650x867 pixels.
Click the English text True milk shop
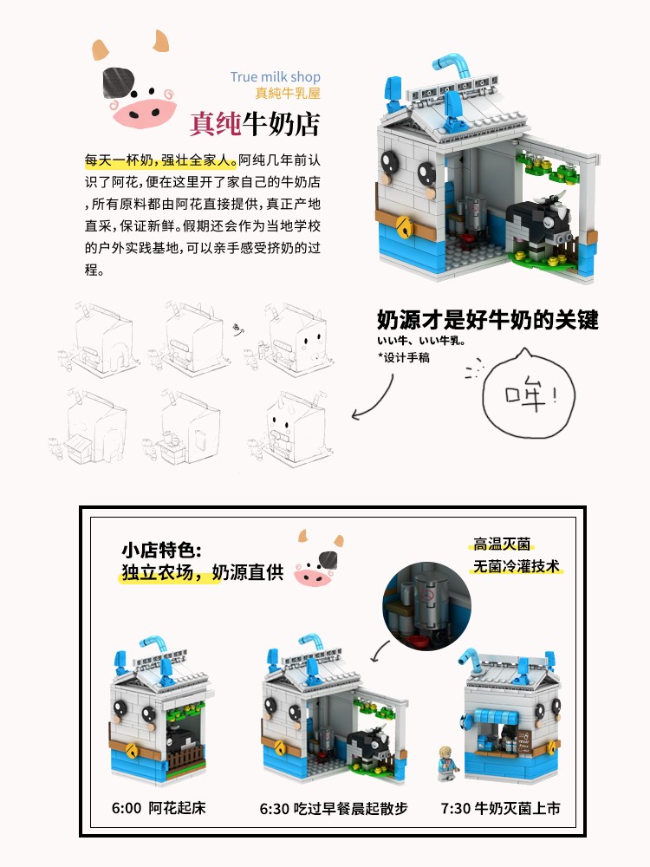tap(276, 77)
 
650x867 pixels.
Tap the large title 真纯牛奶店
tap(255, 123)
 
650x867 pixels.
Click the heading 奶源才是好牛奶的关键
tap(487, 320)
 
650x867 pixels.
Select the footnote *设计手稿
tap(404, 358)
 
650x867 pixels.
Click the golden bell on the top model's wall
tap(405, 225)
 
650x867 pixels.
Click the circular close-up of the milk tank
tap(426, 606)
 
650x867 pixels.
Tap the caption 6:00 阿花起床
tap(159, 808)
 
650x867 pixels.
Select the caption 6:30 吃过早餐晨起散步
tap(334, 808)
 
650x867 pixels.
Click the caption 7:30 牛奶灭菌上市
tap(500, 808)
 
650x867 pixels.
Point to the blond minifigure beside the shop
tap(448, 764)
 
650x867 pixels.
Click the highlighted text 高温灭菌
tap(502, 544)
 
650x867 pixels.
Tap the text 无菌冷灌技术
tap(517, 566)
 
